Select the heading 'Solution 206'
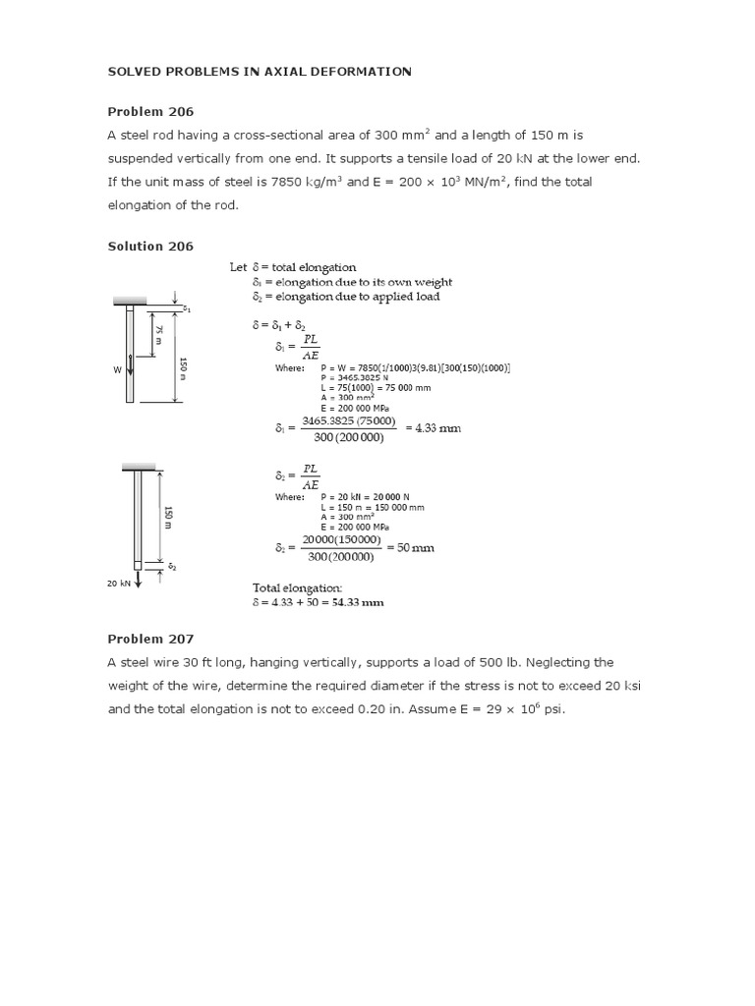[x=150, y=246]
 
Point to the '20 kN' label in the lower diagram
[x=118, y=583]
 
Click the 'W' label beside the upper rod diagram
[x=116, y=370]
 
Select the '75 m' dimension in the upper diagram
[x=154, y=335]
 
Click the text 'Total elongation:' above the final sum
[x=297, y=587]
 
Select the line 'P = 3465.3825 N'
[x=357, y=377]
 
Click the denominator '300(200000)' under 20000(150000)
[x=338, y=557]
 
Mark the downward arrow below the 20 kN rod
[x=139, y=580]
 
